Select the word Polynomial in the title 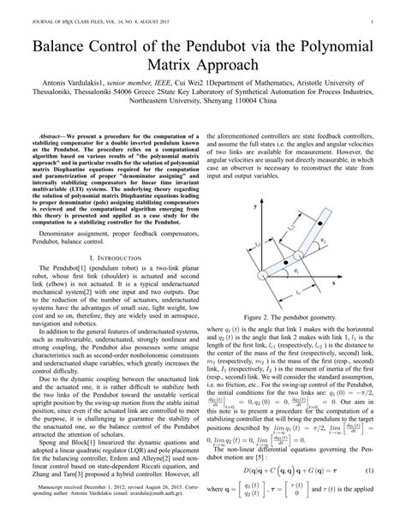337,39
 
